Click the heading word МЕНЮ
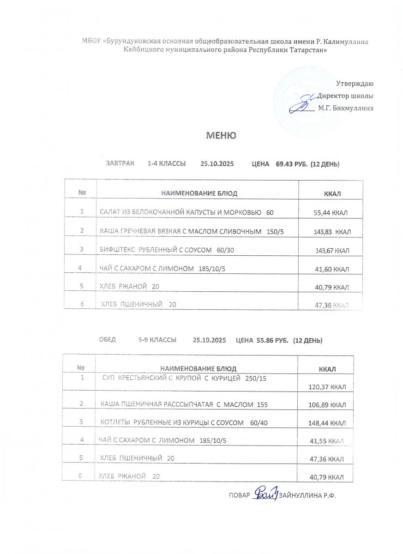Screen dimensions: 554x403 pyautogui.click(x=221, y=135)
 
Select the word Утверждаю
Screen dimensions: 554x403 pyautogui.click(x=355, y=84)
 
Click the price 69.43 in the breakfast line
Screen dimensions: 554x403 pyautogui.click(x=284, y=164)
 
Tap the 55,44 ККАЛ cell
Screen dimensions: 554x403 pyautogui.click(x=331, y=213)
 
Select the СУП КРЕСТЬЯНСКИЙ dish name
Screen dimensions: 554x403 pyautogui.click(x=184, y=379)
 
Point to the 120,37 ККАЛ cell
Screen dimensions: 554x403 pyautogui.click(x=327, y=386)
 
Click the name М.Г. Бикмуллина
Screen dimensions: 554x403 pyautogui.click(x=345, y=108)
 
